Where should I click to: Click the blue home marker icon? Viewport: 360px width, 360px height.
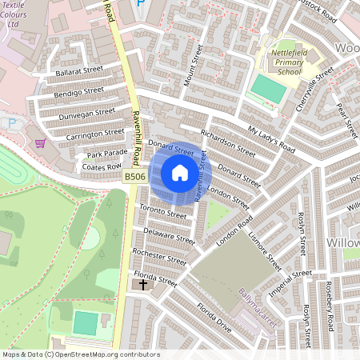click(180, 173)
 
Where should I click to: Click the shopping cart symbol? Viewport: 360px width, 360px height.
click(40, 144)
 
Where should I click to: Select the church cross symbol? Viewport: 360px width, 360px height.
click(143, 284)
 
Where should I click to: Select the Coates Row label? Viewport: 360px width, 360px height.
click(102, 166)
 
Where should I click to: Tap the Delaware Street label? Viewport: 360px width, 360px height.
click(169, 234)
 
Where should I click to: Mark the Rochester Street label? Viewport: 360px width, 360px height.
click(158, 257)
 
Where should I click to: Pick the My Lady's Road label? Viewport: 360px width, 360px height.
click(270, 140)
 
